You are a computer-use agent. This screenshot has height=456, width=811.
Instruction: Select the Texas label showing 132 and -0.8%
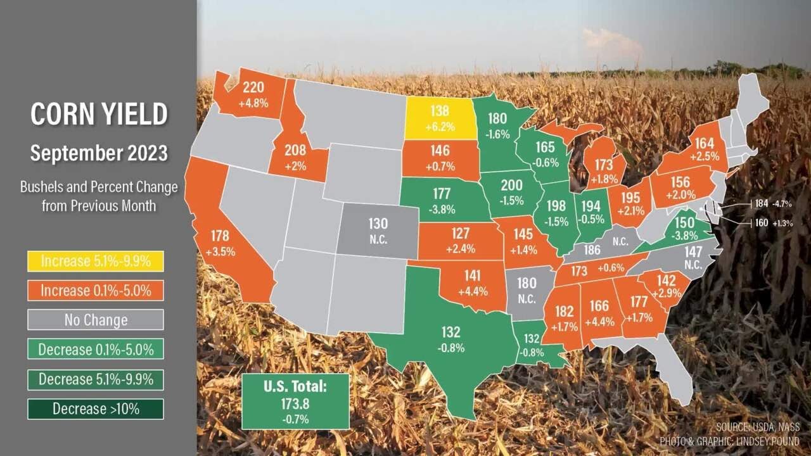(450, 339)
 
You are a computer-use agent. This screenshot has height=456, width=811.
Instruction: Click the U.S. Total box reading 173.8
(295, 402)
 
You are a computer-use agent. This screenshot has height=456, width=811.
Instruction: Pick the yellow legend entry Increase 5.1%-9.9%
(96, 261)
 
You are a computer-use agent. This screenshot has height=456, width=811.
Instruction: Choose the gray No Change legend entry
(96, 320)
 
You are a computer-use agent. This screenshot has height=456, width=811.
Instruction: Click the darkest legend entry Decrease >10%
(96, 408)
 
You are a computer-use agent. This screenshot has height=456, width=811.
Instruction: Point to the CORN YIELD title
(99, 115)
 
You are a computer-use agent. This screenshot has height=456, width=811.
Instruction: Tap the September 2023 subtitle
(99, 153)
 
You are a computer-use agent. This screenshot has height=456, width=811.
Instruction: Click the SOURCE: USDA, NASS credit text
(758, 426)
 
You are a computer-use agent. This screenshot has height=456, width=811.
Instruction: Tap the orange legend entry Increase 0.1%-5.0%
(96, 290)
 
